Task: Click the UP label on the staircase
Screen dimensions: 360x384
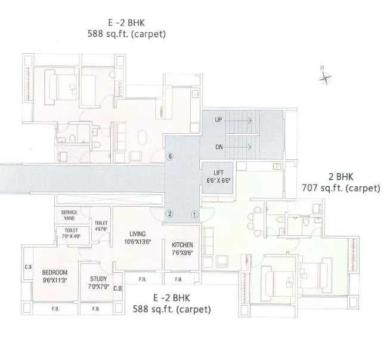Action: pyautogui.click(x=219, y=120)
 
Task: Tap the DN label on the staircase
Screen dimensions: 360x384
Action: pyautogui.click(x=219, y=146)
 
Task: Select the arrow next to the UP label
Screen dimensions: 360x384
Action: pyautogui.click(x=241, y=120)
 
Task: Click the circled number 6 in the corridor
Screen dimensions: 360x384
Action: pyautogui.click(x=171, y=157)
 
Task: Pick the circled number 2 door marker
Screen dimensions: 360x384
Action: pyautogui.click(x=169, y=214)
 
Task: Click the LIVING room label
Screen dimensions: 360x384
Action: pyautogui.click(x=138, y=234)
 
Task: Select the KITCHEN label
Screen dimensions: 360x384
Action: pyautogui.click(x=182, y=245)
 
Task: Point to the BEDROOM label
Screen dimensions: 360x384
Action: pyautogui.click(x=55, y=272)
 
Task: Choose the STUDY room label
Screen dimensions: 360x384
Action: pyautogui.click(x=98, y=279)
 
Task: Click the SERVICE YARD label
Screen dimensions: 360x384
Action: pyautogui.click(x=70, y=216)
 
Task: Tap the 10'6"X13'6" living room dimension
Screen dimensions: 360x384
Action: pyautogui.click(x=138, y=242)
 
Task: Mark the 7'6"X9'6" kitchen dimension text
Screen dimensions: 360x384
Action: pyautogui.click(x=182, y=253)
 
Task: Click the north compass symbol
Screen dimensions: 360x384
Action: pyautogui.click(x=325, y=76)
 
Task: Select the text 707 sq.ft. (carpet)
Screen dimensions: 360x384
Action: pyautogui.click(x=340, y=188)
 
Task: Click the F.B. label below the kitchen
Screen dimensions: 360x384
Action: pyautogui.click(x=178, y=279)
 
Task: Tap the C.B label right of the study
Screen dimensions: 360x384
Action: pyautogui.click(x=117, y=288)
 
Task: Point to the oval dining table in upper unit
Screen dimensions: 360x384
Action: pyautogui.click(x=145, y=137)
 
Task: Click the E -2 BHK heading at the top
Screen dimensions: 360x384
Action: pyautogui.click(x=126, y=24)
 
